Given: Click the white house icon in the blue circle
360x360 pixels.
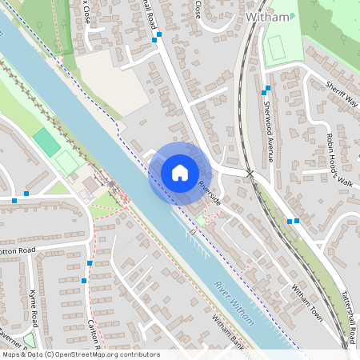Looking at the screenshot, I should pos(179,173).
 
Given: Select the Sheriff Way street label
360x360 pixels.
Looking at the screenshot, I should pos(342,94).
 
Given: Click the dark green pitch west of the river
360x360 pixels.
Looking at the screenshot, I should pos(46,142).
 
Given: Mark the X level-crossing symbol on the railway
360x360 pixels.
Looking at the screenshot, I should pos(250,173).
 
